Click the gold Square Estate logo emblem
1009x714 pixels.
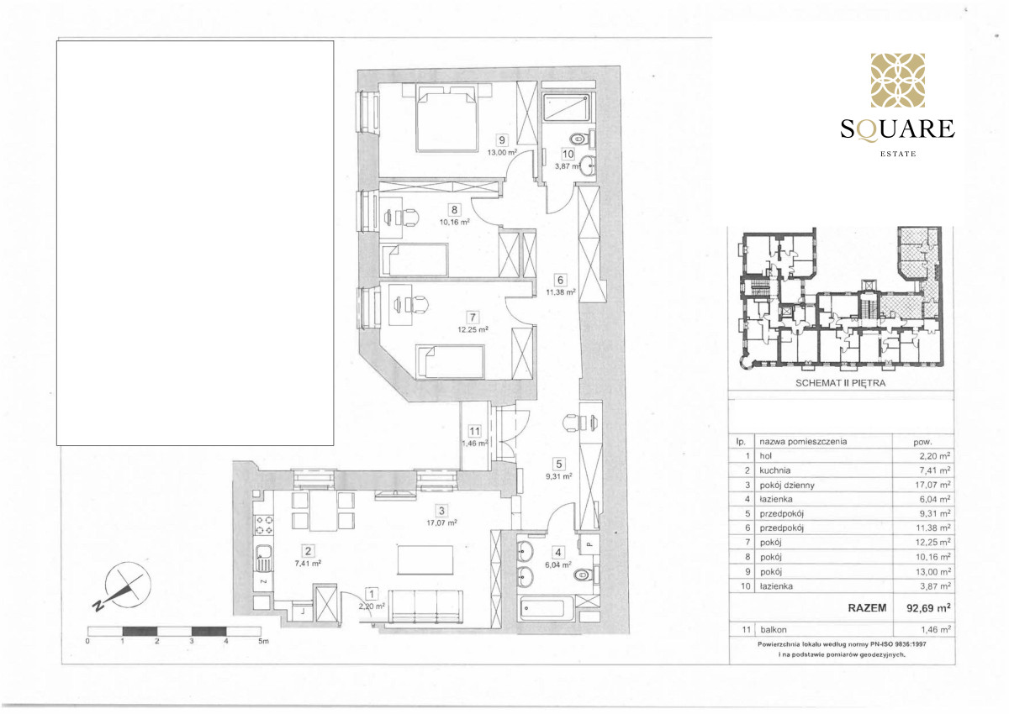click(x=898, y=80)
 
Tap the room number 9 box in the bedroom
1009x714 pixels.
click(x=502, y=140)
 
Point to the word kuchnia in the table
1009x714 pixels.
click(x=775, y=470)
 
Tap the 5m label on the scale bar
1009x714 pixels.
click(x=263, y=641)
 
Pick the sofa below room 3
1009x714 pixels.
click(x=425, y=607)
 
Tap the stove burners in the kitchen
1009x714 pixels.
click(x=264, y=525)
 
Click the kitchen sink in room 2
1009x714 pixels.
click(x=263, y=558)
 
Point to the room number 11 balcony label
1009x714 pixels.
click(x=474, y=432)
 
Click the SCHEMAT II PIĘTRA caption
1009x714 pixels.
click(x=841, y=383)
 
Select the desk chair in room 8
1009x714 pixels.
click(x=408, y=218)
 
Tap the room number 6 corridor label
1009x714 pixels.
click(x=560, y=280)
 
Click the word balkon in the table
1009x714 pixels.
click(x=774, y=629)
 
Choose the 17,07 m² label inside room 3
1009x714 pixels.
click(x=441, y=522)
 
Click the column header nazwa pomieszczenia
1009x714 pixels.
click(x=803, y=441)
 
